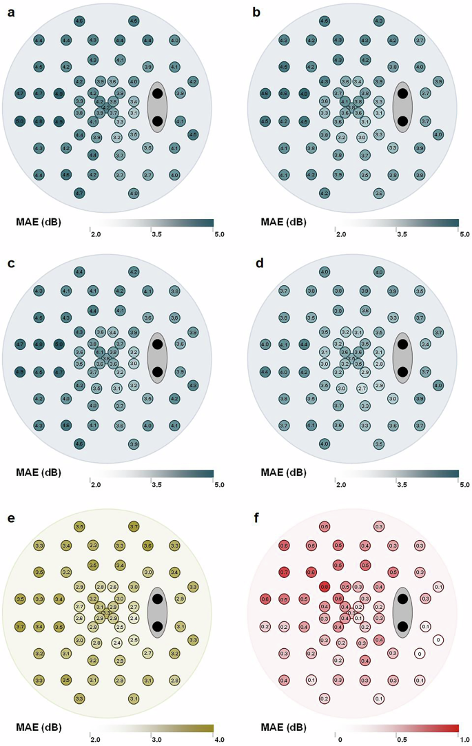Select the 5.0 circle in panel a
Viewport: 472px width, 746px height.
pos(20,121)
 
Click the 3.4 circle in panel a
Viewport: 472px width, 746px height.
pos(134,102)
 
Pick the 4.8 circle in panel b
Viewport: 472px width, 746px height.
pos(304,93)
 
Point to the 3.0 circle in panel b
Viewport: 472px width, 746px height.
pos(362,137)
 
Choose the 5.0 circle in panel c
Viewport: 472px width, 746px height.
pos(59,344)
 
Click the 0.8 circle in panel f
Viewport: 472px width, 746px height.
pos(324,586)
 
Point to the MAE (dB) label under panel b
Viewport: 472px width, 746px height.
pos(283,222)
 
